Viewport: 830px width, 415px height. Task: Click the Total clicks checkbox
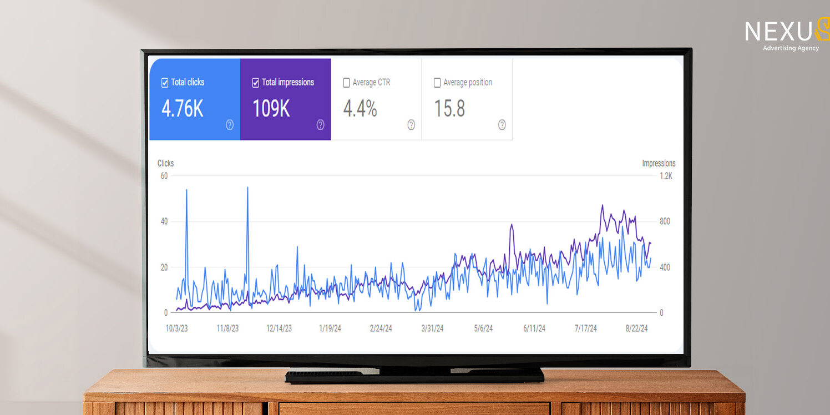[165, 83]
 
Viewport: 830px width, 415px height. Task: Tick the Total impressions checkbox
[256, 83]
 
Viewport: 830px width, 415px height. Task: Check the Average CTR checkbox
[346, 83]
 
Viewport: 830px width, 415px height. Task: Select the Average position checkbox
[437, 83]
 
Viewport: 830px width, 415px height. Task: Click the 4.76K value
[183, 109]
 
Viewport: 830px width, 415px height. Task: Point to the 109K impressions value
[271, 109]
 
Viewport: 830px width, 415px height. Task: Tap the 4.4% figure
[360, 109]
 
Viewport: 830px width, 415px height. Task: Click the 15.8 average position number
[449, 109]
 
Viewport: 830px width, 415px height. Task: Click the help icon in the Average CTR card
[411, 125]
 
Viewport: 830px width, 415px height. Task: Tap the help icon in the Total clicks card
[230, 125]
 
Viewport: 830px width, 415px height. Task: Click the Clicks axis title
[165, 163]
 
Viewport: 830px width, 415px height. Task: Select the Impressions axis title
[659, 163]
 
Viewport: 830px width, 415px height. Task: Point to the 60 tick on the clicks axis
[164, 176]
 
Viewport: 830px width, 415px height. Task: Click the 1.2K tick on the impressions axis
[666, 176]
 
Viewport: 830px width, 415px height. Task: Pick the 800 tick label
[665, 221]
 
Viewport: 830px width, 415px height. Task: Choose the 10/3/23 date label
[176, 328]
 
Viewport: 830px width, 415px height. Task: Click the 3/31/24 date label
[432, 328]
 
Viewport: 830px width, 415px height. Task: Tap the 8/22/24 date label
[636, 328]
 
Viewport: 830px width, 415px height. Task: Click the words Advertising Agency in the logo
[791, 48]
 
